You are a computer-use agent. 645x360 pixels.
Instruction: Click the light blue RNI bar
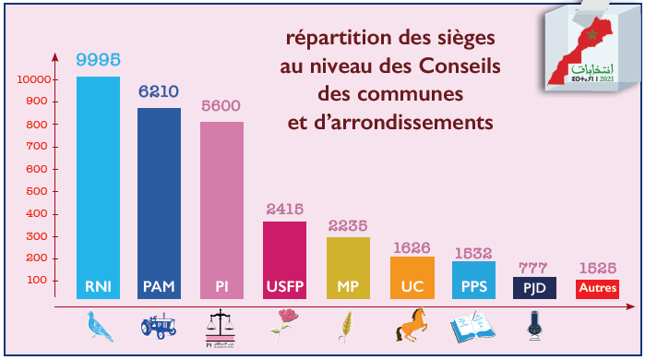click(98, 185)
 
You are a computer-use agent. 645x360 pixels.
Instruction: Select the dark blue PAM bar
click(159, 198)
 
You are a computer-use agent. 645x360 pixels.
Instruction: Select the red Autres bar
click(597, 289)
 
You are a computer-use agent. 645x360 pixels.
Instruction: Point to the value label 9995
click(98, 60)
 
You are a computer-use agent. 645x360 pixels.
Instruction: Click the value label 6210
click(159, 92)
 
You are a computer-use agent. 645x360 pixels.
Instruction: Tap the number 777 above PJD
click(534, 268)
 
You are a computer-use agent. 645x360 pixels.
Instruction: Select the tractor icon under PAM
click(159, 326)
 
